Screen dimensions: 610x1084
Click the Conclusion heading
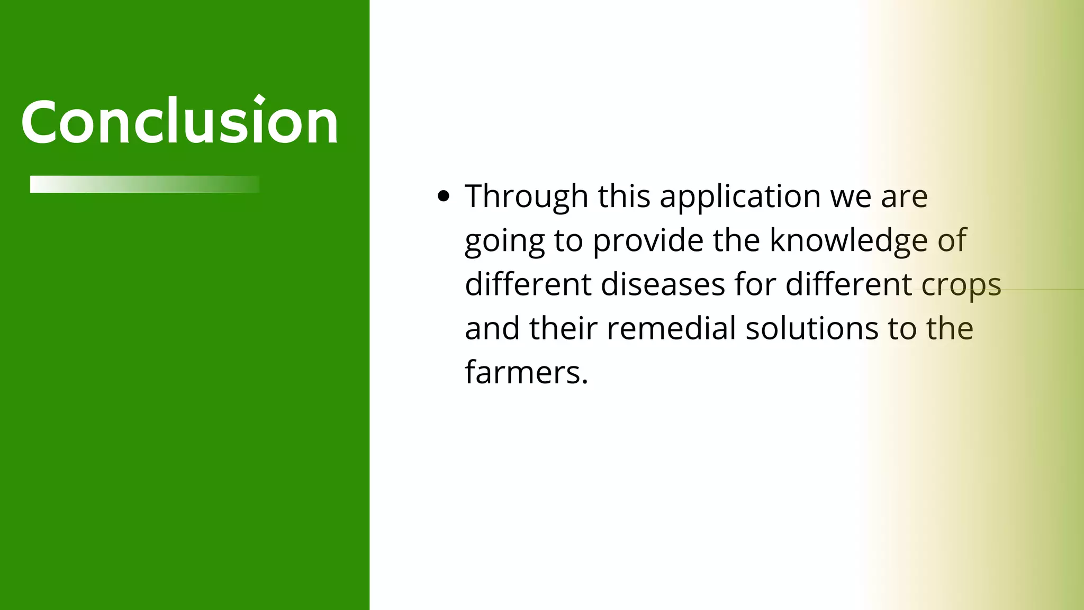[x=179, y=121]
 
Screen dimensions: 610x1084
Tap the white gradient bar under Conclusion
[x=144, y=184]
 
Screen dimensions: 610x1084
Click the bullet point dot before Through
[x=444, y=196]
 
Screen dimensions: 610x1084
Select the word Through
[x=526, y=196]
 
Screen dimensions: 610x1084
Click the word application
[x=740, y=196]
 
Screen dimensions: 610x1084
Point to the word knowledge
[x=848, y=240]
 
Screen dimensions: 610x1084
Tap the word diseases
[x=663, y=284]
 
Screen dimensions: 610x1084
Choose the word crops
[x=961, y=284]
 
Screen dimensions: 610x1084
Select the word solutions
[x=812, y=328]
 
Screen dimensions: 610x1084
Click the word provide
[x=648, y=240]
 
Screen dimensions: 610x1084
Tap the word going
[x=504, y=241]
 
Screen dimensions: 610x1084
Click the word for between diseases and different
[x=755, y=284]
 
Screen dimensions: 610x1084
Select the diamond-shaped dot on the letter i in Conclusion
[x=259, y=100]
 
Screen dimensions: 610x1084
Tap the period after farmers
[x=584, y=382]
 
